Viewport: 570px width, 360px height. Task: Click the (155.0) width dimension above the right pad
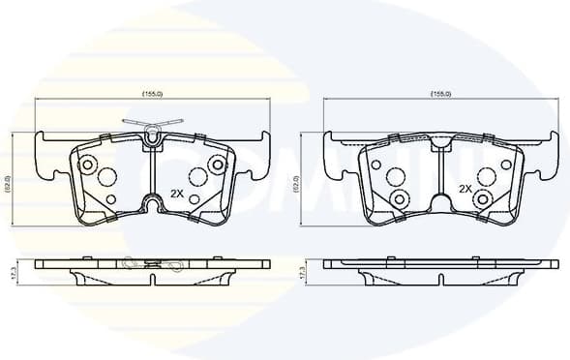tap(440, 94)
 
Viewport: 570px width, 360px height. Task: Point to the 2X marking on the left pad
tap(177, 192)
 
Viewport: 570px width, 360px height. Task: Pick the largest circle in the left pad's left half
tap(106, 177)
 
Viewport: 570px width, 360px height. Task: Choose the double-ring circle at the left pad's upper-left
tap(86, 162)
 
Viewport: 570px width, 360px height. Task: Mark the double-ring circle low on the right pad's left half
tap(399, 198)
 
